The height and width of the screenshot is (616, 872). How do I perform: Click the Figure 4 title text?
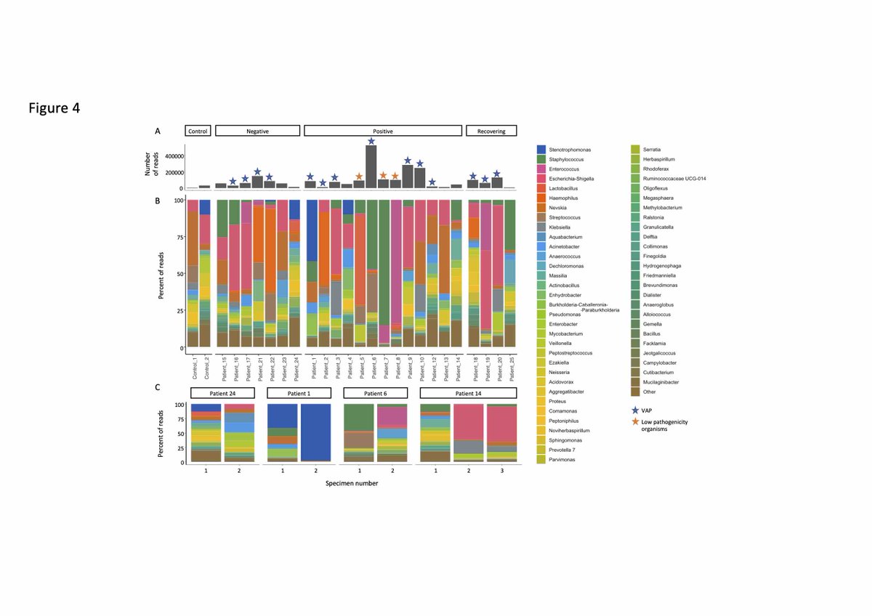tap(54, 108)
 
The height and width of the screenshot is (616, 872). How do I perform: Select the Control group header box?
tap(198, 131)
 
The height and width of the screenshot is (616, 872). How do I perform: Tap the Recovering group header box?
tap(491, 131)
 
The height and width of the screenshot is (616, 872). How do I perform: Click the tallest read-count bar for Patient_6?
tap(371, 167)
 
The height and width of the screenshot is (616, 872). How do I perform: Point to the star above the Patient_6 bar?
tap(371, 141)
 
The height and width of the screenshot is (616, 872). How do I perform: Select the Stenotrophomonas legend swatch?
tap(541, 149)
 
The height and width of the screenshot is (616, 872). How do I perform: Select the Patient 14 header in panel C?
tap(468, 393)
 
